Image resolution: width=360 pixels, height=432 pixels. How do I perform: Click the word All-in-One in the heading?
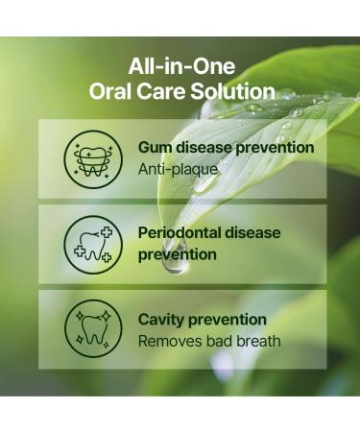tap(180, 67)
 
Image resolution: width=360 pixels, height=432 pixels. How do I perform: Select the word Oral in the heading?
tap(110, 92)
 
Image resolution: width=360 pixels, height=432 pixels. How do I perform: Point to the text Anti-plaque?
tap(178, 169)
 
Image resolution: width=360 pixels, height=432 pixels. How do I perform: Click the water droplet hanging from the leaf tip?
tap(176, 261)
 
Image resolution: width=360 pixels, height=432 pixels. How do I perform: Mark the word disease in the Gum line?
tap(206, 148)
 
